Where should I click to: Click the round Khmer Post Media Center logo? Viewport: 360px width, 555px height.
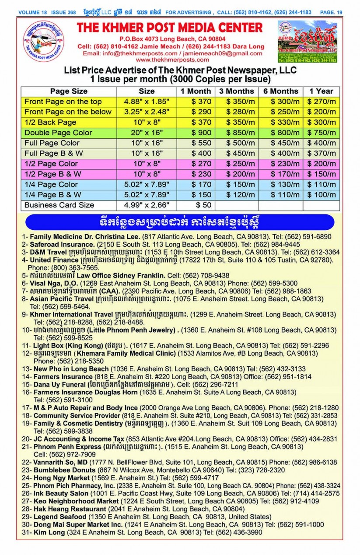[x=44, y=43]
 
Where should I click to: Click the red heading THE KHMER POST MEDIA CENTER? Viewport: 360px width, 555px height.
[x=170, y=28]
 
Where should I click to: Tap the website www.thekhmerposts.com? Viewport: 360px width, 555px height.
[x=171, y=60]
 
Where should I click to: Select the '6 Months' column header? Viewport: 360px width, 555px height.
[x=280, y=91]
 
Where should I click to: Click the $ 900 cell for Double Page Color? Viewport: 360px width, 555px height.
[x=196, y=133]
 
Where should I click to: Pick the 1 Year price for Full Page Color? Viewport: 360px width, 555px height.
[x=321, y=143]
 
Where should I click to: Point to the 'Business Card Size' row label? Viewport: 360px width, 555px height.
[x=59, y=205]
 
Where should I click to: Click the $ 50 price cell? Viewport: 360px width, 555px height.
[x=196, y=205]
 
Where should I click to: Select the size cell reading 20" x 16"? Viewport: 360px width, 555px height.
[x=147, y=133]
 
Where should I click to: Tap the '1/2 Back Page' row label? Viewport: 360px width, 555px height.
[x=50, y=123]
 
